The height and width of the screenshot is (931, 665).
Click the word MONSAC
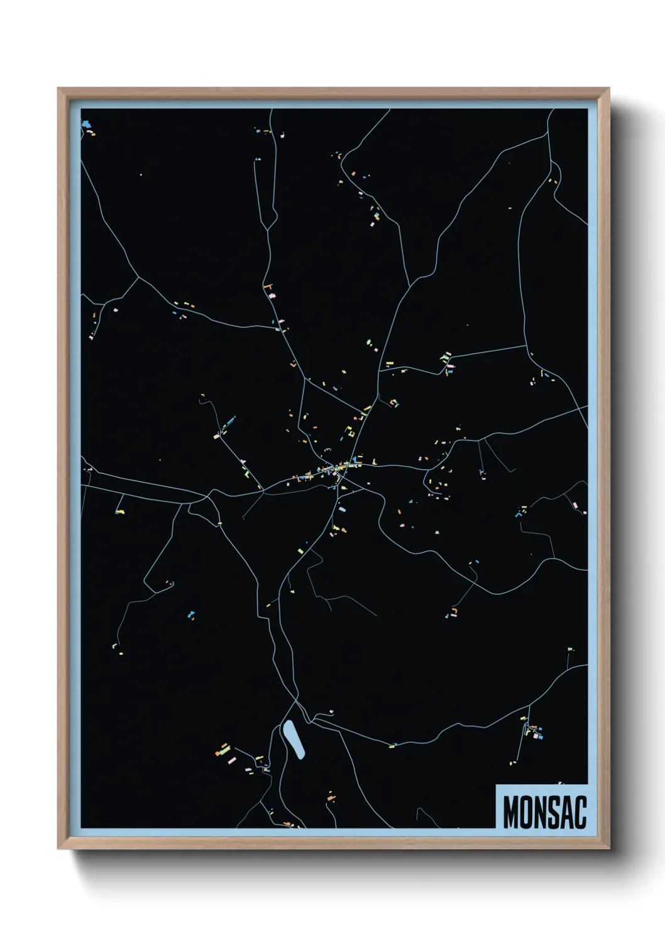(x=544, y=812)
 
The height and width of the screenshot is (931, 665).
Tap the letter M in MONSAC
(x=510, y=812)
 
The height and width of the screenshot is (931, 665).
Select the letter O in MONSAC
(x=525, y=812)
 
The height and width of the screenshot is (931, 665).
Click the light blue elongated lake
(x=294, y=740)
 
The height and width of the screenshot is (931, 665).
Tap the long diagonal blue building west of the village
(x=229, y=420)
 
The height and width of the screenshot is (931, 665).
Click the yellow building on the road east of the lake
(x=392, y=747)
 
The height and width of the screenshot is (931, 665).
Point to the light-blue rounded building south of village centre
(x=343, y=506)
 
